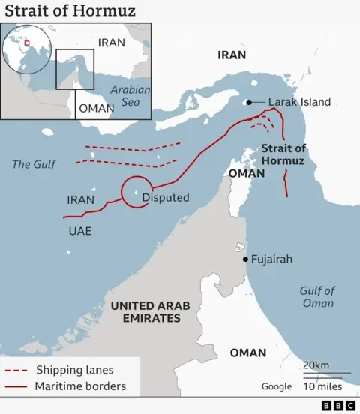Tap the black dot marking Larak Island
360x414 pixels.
click(x=247, y=102)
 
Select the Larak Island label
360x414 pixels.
click(x=299, y=102)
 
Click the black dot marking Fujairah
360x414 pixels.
click(x=246, y=259)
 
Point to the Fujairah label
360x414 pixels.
click(x=274, y=259)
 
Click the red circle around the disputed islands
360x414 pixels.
click(x=136, y=191)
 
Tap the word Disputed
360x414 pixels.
click(x=166, y=198)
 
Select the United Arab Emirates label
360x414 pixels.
click(x=150, y=312)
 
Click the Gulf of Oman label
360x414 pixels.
click(x=316, y=297)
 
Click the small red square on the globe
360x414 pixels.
click(x=27, y=43)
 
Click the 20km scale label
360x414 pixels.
click(x=316, y=365)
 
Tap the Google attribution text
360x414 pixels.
click(x=276, y=386)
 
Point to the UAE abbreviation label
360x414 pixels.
click(x=79, y=231)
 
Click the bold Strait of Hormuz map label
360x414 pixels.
click(x=283, y=154)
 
